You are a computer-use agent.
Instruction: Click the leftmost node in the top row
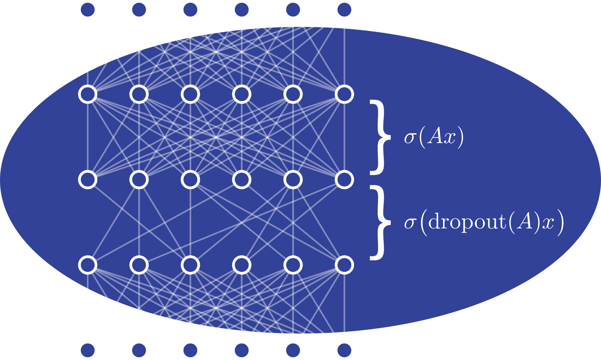click(88, 9)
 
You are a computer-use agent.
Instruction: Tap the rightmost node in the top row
click(344, 9)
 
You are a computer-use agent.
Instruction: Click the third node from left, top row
click(190, 9)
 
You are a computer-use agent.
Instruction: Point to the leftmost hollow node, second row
click(88, 94)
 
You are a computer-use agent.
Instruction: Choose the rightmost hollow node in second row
click(344, 94)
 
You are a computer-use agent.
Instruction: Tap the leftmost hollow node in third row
click(88, 180)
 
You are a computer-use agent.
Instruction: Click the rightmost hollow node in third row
click(344, 180)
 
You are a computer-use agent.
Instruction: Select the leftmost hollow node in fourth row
click(88, 265)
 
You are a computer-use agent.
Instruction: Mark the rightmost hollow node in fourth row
click(344, 265)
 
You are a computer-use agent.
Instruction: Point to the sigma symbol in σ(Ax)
click(409, 138)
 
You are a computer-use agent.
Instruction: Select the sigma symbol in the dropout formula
click(409, 223)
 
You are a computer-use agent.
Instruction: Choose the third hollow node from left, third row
click(190, 180)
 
